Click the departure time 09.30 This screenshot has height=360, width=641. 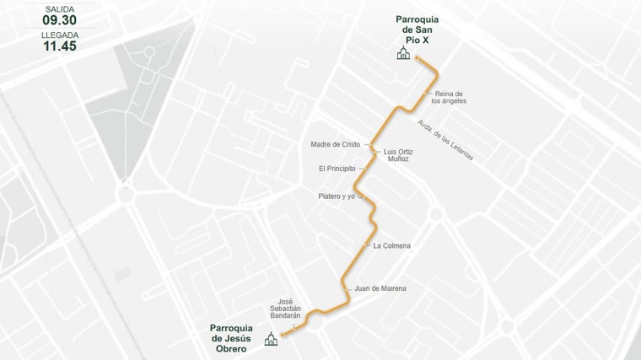click(x=60, y=19)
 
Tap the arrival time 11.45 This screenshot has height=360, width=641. click(x=60, y=46)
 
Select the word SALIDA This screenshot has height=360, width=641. click(x=60, y=8)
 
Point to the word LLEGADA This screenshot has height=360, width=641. click(x=60, y=35)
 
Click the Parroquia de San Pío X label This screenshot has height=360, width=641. click(x=423, y=30)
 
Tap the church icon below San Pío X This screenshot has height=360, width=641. click(x=404, y=54)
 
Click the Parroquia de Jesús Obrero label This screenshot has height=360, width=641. click(x=232, y=333)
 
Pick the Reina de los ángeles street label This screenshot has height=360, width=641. click(x=449, y=97)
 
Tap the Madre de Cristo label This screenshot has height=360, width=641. click(x=335, y=144)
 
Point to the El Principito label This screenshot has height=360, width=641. click(x=337, y=169)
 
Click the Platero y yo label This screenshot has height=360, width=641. click(x=337, y=196)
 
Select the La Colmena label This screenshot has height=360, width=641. click(x=391, y=245)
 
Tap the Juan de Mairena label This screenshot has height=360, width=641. click(x=380, y=288)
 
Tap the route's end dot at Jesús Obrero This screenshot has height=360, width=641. click(x=283, y=336)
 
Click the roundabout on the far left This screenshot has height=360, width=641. click(x=126, y=195)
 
